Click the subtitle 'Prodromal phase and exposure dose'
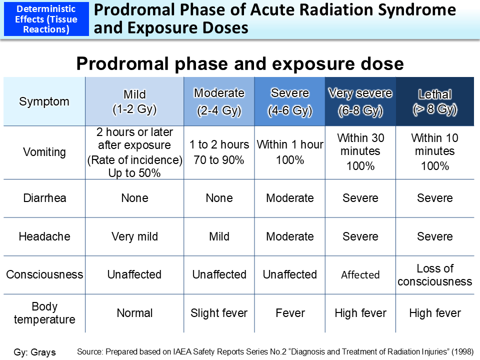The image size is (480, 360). (x=239, y=64)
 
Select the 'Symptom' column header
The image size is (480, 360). (x=44, y=101)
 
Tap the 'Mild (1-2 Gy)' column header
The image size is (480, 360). (x=134, y=101)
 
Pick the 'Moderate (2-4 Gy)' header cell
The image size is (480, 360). (x=219, y=101)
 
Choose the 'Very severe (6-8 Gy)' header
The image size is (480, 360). (x=360, y=101)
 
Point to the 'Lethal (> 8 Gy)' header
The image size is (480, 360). (x=434, y=101)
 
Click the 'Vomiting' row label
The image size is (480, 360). (x=44, y=152)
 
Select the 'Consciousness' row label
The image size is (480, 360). (x=44, y=274)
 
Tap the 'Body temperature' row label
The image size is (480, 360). (x=44, y=313)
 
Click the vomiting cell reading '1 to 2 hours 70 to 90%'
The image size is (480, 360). (x=219, y=152)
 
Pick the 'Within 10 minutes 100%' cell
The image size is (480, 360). (x=434, y=152)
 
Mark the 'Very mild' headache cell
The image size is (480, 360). (x=134, y=236)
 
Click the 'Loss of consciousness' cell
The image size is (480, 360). (x=434, y=274)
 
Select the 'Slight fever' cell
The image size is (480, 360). (x=219, y=313)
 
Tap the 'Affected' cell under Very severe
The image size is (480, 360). (x=360, y=274)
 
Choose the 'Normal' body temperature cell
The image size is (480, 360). (x=134, y=313)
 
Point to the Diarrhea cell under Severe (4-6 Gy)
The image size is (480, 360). (x=289, y=198)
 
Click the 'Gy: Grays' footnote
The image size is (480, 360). (x=35, y=352)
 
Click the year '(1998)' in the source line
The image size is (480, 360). (x=462, y=351)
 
